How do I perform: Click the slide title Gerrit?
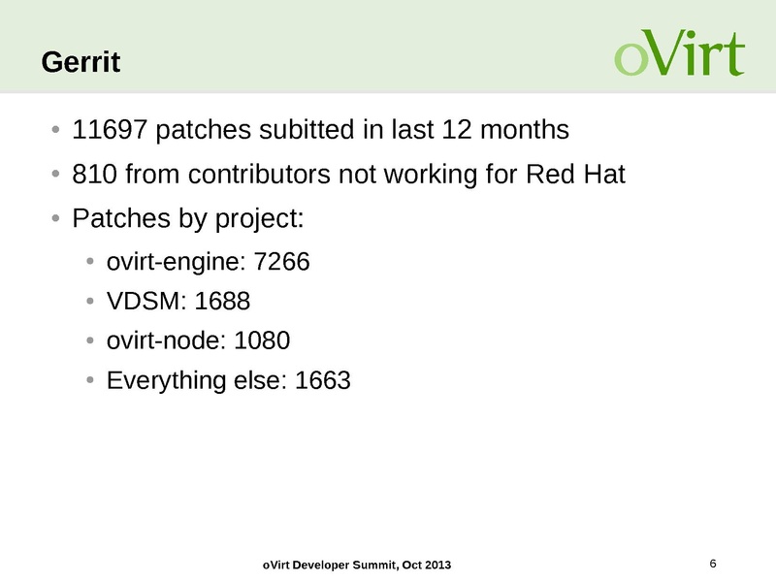pyautogui.click(x=81, y=63)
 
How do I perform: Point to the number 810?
pyautogui.click(x=94, y=176)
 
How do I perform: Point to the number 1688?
pyautogui.click(x=223, y=301)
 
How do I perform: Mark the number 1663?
pyautogui.click(x=322, y=380)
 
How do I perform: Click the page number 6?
pyautogui.click(x=713, y=564)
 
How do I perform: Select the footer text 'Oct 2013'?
pyautogui.click(x=426, y=566)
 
